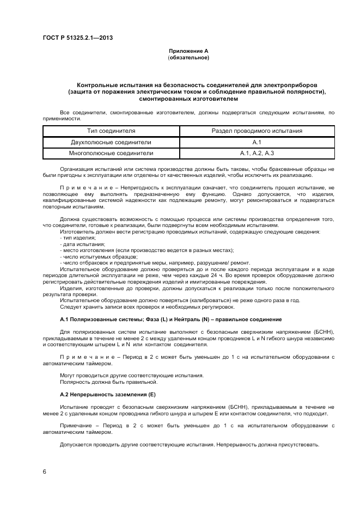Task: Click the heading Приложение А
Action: pos(188,51)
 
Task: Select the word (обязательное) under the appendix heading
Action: pos(188,57)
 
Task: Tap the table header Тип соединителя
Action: pos(111,131)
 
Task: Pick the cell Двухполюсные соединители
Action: pos(111,142)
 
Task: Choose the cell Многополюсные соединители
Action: pos(111,154)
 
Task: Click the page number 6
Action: pos(45,471)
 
